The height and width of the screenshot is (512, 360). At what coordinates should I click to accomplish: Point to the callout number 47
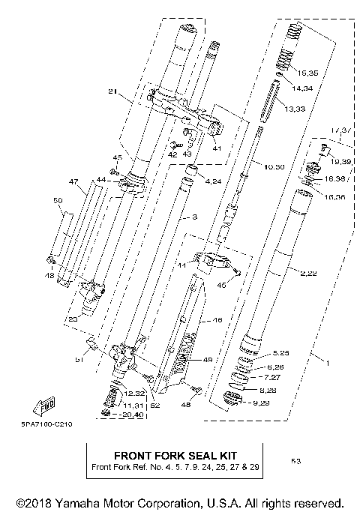click(x=73, y=182)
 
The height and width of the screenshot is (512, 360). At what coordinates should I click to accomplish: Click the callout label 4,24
click(x=213, y=181)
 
